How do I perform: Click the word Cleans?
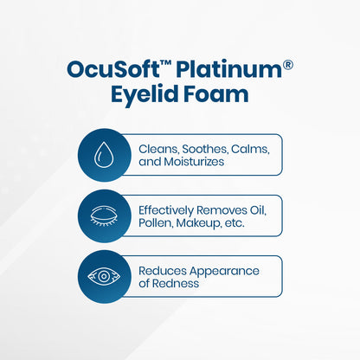tap(160, 148)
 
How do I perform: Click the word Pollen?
tap(158, 222)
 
